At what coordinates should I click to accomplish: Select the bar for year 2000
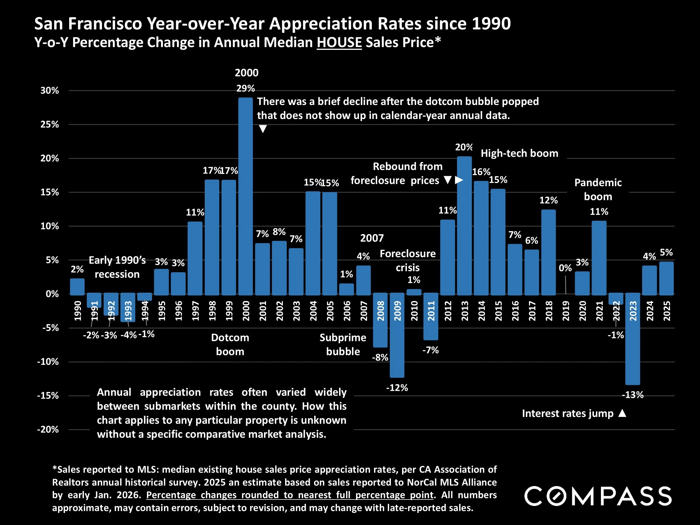(x=245, y=196)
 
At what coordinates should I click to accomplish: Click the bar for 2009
(x=397, y=335)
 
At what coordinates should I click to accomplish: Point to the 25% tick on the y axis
(x=50, y=124)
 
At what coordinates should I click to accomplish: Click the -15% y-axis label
(x=48, y=396)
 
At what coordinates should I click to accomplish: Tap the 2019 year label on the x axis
(x=566, y=311)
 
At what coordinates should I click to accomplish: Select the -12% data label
(x=397, y=388)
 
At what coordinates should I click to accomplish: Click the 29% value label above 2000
(x=246, y=88)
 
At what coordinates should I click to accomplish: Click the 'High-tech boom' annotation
(x=519, y=153)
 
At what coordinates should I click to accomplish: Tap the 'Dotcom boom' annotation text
(x=230, y=344)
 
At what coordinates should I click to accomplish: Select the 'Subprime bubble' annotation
(x=343, y=344)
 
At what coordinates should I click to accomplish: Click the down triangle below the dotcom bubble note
(x=263, y=129)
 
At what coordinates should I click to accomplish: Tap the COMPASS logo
(x=598, y=496)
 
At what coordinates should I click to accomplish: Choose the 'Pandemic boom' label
(x=598, y=189)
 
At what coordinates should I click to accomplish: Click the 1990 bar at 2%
(x=77, y=286)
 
